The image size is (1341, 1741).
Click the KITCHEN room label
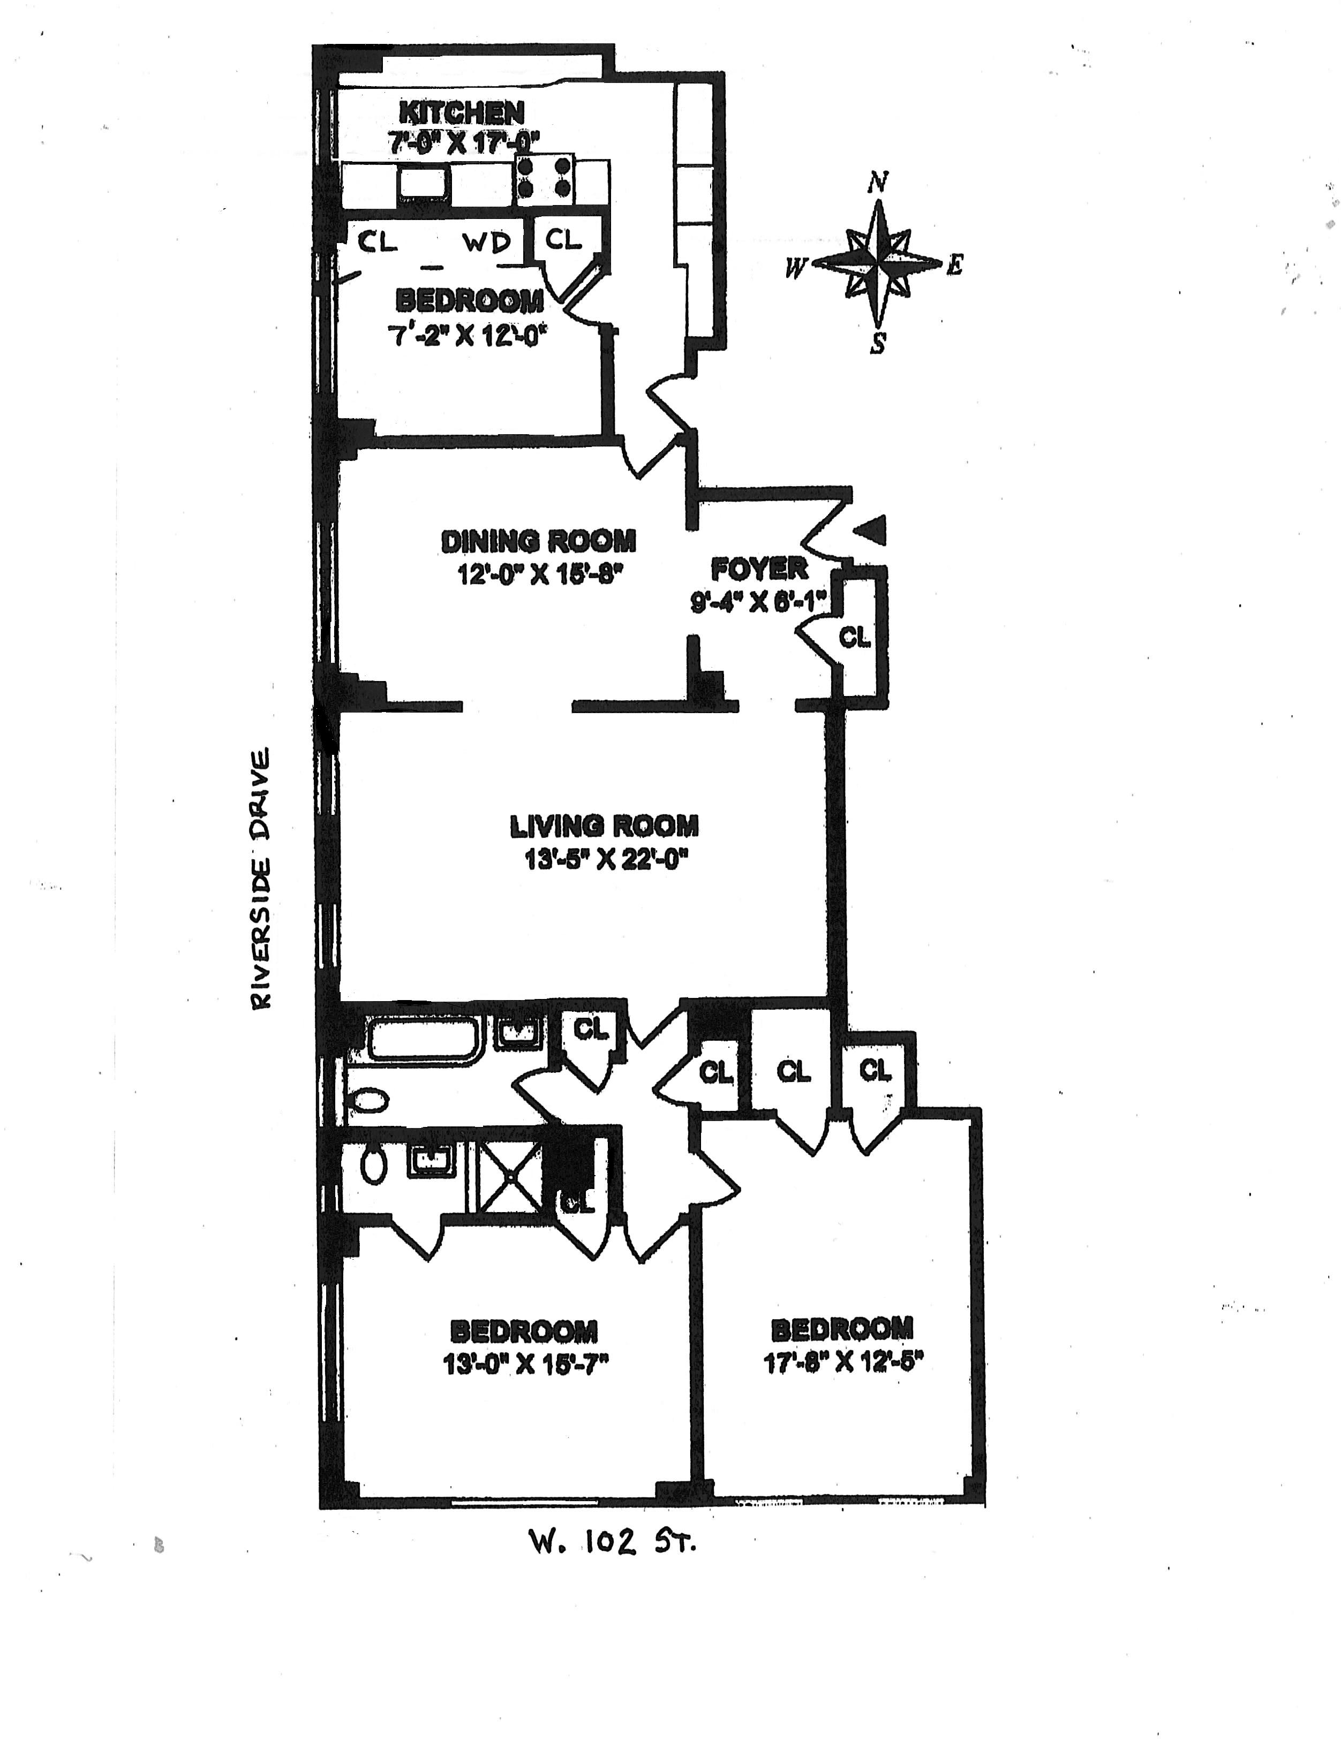(x=462, y=112)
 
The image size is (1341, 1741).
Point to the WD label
(x=486, y=243)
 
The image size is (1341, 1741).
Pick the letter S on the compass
(x=878, y=344)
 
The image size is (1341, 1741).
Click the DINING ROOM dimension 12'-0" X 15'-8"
(x=538, y=574)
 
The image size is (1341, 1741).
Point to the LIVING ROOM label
(x=604, y=826)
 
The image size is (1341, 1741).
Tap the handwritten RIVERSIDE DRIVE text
(x=261, y=877)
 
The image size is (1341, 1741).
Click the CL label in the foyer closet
(x=855, y=637)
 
